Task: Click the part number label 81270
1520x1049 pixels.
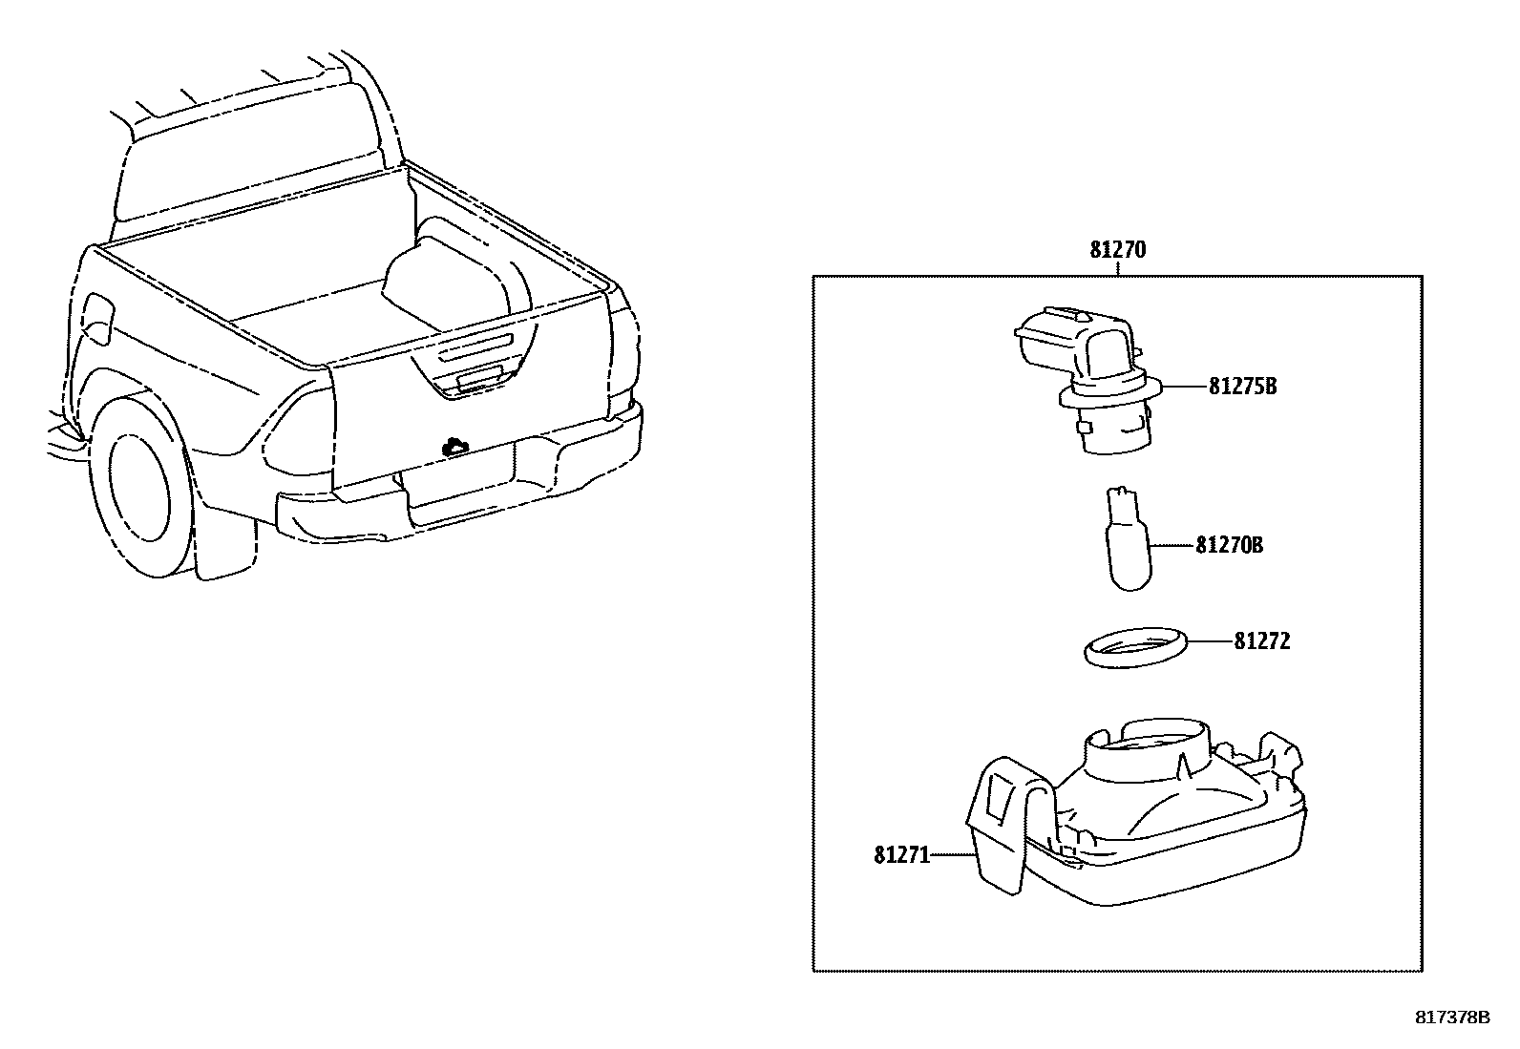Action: tap(1117, 250)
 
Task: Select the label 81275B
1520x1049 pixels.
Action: tap(1242, 387)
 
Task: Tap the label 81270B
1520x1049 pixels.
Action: tap(1229, 545)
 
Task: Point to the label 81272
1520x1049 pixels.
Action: tap(1261, 641)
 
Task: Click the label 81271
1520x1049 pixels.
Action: tap(901, 855)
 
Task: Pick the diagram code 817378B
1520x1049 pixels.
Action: tap(1452, 1018)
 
